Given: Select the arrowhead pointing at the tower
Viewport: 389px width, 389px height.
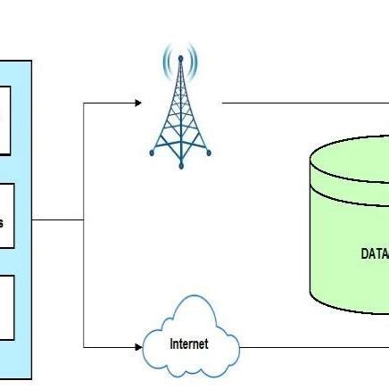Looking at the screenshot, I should (x=137, y=103).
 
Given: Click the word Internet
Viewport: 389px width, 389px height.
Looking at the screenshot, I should (x=189, y=343).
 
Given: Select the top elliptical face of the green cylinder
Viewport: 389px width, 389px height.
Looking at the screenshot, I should (x=357, y=161).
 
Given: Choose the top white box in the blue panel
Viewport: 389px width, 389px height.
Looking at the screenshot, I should (x=4, y=120).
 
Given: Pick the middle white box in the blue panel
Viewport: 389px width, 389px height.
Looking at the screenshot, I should (x=5, y=218).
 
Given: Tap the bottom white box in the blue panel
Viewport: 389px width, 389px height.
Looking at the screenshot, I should (x=5, y=308).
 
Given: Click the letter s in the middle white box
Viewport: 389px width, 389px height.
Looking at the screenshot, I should (x=2, y=222).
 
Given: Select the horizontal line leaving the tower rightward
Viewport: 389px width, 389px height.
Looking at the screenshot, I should (x=303, y=103).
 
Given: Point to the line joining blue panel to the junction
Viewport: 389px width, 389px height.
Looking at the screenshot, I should (x=57, y=219).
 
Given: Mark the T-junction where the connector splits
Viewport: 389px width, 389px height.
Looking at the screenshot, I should (x=83, y=219).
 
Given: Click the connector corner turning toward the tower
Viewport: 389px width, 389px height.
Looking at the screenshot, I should (x=83, y=103).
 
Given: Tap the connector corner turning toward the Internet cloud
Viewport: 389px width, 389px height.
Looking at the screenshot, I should (x=83, y=345).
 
